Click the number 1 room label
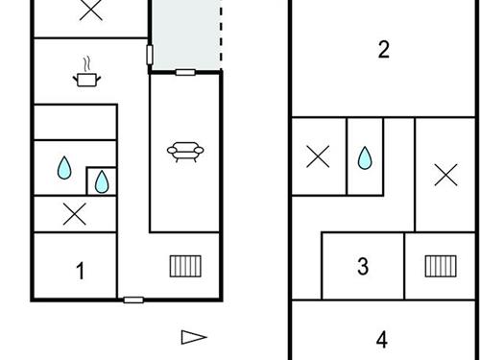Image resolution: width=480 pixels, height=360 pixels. tap(81, 272)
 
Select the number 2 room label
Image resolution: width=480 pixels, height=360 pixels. tap(384, 50)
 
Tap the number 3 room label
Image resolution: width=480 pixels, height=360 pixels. tap(363, 266)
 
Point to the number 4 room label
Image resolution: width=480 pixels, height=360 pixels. tap(382, 339)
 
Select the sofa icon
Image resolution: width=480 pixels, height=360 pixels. tap(185, 151)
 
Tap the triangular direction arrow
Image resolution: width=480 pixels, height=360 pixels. tap(194, 336)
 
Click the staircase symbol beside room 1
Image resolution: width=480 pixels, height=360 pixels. tap(184, 266)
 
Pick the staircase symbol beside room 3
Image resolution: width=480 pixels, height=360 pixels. tap(441, 266)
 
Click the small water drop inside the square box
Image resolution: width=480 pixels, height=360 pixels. tap(102, 180)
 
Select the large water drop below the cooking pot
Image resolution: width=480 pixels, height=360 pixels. tap(64, 169)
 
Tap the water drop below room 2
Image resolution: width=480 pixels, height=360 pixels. tap(365, 157)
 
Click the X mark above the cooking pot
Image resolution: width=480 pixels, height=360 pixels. tap(90, 11)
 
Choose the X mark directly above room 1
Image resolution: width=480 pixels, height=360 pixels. tap(74, 215)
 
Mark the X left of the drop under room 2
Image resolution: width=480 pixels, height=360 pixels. tap(318, 157)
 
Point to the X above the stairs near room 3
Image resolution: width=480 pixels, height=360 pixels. tap(445, 175)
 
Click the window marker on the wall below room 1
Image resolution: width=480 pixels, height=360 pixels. tap(133, 300)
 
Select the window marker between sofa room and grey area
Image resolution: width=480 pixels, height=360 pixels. tap(185, 72)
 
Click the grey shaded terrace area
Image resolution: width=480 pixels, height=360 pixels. tap(186, 34)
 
